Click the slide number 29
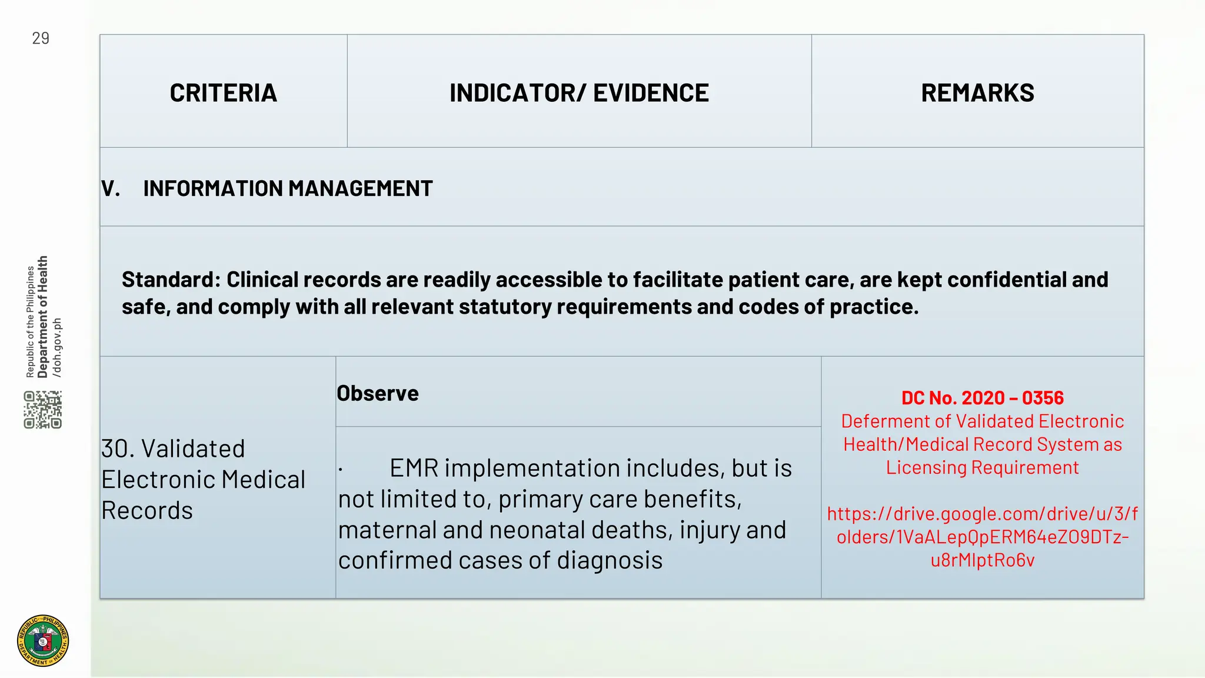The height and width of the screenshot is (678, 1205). tap(41, 39)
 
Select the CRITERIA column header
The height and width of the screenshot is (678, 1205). tap(223, 93)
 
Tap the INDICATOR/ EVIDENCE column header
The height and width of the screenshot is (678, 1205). tap(579, 93)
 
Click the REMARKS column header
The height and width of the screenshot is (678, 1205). tap(977, 93)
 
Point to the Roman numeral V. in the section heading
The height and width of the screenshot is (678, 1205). tap(111, 189)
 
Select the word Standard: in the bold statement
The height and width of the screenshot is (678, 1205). tap(171, 280)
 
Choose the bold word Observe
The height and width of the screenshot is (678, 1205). tap(378, 393)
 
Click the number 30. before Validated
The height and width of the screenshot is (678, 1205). tap(118, 449)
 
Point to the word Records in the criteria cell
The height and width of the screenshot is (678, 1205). tap(147, 510)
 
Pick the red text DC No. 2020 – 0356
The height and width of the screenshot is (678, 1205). tap(982, 398)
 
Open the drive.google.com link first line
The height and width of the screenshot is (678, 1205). tap(982, 514)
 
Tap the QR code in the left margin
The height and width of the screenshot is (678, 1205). tap(43, 410)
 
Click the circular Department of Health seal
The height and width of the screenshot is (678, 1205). tap(43, 640)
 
